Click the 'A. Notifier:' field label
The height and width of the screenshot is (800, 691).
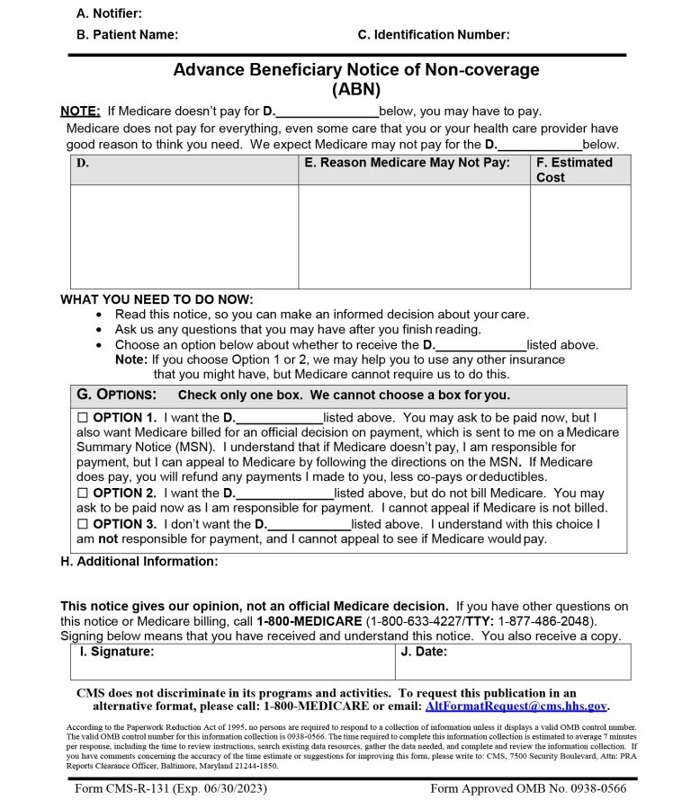click(x=109, y=13)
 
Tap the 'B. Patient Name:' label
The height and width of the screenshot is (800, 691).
click(x=127, y=35)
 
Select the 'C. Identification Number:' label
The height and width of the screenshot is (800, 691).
click(x=433, y=35)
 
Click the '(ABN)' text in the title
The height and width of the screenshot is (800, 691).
click(x=356, y=89)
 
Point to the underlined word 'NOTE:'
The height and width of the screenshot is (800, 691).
click(x=80, y=111)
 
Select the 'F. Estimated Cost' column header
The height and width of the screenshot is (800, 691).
click(x=574, y=170)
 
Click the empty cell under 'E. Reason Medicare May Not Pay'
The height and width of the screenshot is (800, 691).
click(x=414, y=236)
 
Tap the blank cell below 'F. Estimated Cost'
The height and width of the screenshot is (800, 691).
click(x=580, y=236)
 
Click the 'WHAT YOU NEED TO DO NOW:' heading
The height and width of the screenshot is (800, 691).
click(x=157, y=299)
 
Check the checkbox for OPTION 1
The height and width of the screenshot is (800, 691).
click(x=84, y=418)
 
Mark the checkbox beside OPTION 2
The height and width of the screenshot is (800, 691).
click(x=84, y=493)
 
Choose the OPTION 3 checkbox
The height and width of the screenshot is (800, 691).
click(x=84, y=524)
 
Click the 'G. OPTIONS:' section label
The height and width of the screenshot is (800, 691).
click(x=117, y=396)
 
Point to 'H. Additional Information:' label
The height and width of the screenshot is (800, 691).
click(x=139, y=562)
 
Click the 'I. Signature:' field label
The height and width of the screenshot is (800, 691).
click(x=117, y=652)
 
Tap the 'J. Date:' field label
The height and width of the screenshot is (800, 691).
click(x=423, y=652)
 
